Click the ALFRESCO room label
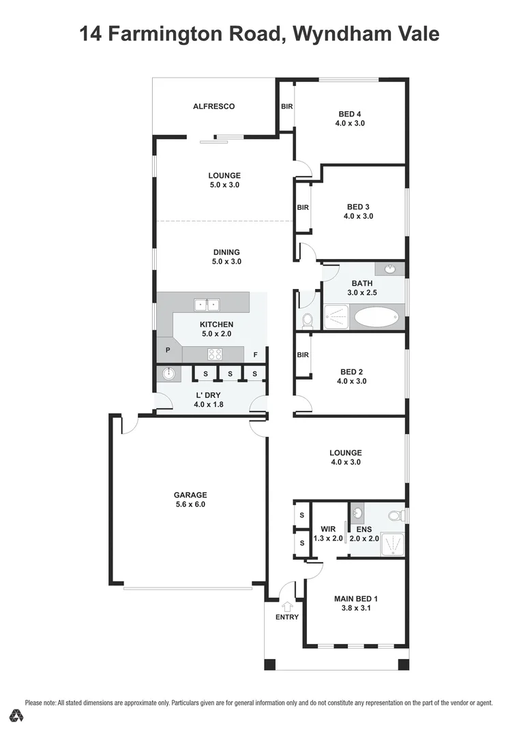click(x=213, y=106)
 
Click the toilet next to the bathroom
click(x=307, y=319)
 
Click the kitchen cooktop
click(x=216, y=354)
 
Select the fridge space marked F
click(x=255, y=354)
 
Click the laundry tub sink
click(x=167, y=373)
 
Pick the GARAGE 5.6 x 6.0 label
click(x=190, y=500)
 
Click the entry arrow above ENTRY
click(x=287, y=605)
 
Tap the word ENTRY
click(x=287, y=617)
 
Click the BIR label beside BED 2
click(x=303, y=355)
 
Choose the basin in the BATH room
click(x=390, y=269)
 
